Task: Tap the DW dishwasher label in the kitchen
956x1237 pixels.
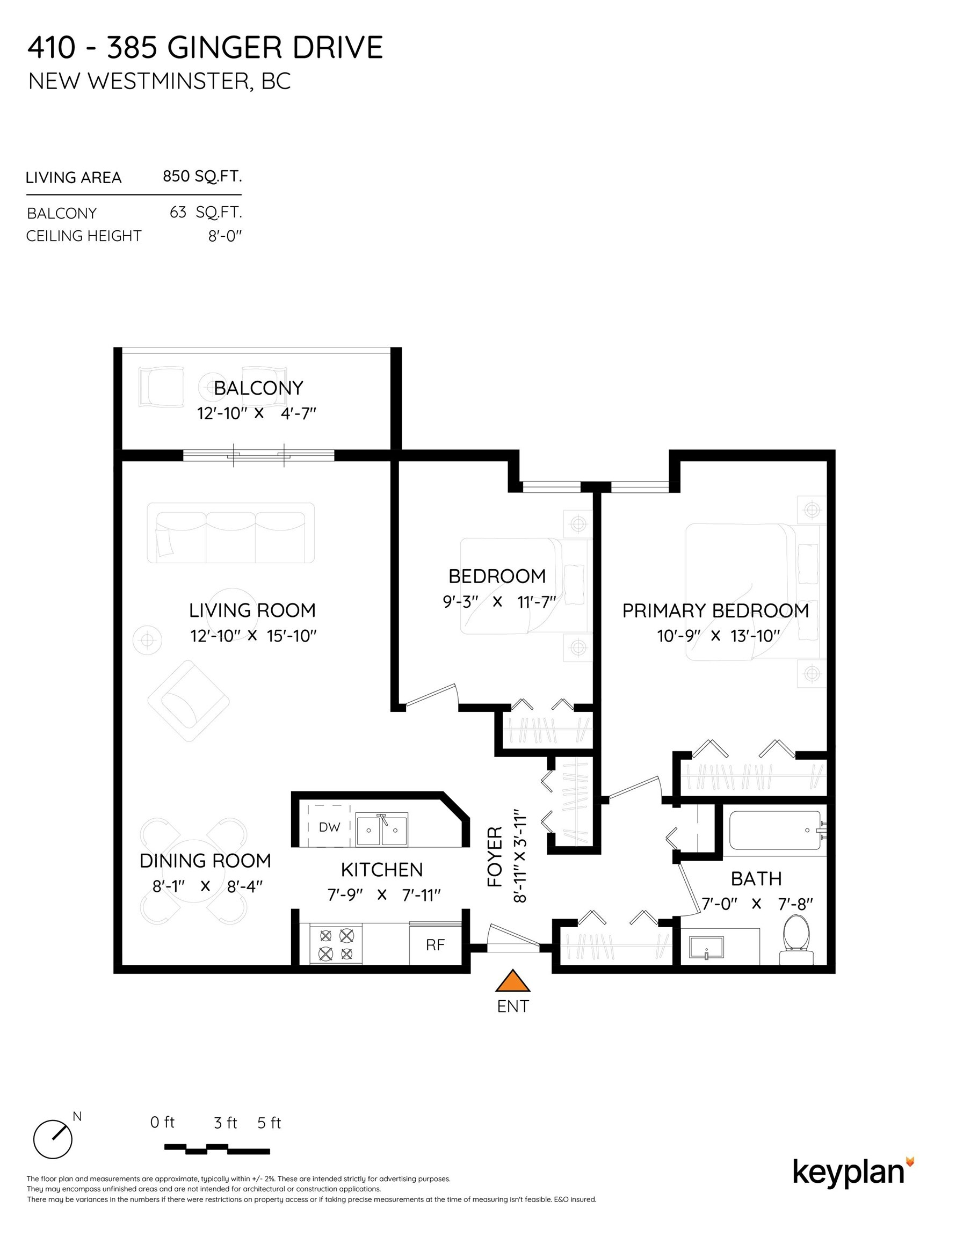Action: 329,827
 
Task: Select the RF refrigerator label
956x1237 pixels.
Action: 435,945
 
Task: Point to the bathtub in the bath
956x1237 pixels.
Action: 774,831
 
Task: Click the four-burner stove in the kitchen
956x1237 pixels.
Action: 336,944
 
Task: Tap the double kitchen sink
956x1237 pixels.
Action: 381,829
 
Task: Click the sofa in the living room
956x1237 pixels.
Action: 230,533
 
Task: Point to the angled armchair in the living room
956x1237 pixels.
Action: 188,701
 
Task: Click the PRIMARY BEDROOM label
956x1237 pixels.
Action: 715,610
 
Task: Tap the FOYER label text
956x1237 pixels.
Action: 495,856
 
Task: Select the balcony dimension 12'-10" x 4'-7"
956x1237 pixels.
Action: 256,413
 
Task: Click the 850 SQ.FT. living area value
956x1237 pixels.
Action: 202,176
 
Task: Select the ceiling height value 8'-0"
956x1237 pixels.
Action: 224,236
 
